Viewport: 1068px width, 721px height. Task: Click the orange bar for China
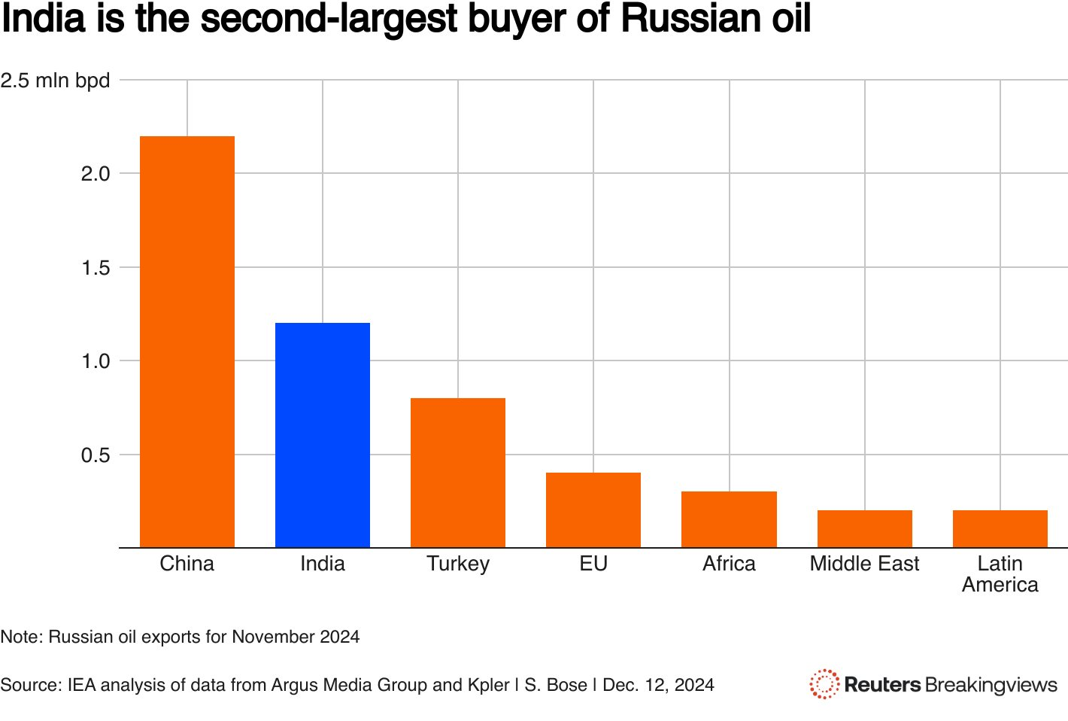pos(187,342)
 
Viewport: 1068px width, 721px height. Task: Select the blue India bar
pos(323,435)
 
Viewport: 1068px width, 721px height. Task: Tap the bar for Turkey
pos(458,473)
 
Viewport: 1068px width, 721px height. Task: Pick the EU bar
pos(593,510)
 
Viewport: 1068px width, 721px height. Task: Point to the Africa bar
pos(729,519)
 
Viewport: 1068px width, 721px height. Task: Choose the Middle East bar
pos(864,529)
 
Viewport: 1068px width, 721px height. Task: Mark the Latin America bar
pos(1000,529)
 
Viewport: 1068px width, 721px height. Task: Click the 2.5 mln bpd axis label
pos(55,81)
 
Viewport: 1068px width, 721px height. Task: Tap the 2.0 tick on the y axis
pos(96,174)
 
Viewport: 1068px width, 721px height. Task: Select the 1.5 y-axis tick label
pos(96,268)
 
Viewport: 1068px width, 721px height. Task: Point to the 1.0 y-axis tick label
pos(96,361)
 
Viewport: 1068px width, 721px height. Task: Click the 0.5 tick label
pos(96,455)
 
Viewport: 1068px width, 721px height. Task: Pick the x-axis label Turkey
pos(458,564)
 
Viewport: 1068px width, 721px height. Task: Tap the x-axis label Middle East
pos(864,564)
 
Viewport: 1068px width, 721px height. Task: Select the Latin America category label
pos(1000,574)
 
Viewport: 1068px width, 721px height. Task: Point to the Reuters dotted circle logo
pos(824,684)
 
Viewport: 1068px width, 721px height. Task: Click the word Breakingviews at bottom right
pos(991,685)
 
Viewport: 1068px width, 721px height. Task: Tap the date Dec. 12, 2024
pos(658,685)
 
